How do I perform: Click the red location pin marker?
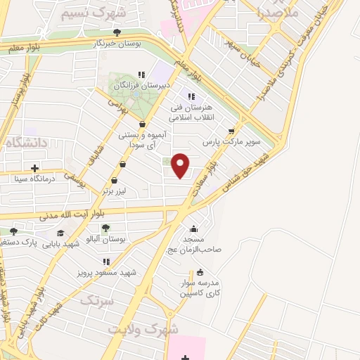(x=181, y=165)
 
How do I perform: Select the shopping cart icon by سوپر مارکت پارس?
(x=231, y=131)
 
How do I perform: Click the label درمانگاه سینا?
(x=35, y=179)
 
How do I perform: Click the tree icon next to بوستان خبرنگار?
(x=117, y=32)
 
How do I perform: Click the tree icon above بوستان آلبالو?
(x=105, y=228)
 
